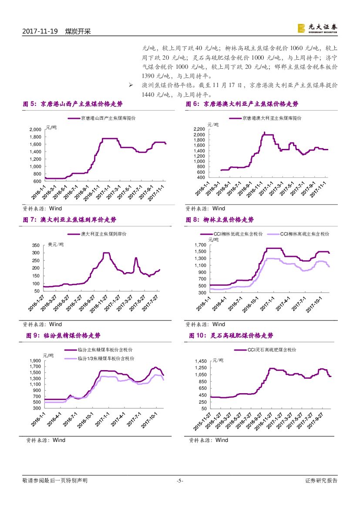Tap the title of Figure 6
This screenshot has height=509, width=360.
(242, 104)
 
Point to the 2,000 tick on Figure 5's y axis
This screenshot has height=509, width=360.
(35, 130)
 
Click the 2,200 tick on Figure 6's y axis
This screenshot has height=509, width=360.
(199, 129)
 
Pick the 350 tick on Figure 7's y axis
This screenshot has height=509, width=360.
(36, 246)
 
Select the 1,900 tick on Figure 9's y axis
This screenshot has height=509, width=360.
(35, 361)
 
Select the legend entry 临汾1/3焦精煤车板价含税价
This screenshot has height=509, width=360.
(105, 358)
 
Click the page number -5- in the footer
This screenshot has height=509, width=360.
(180, 481)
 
